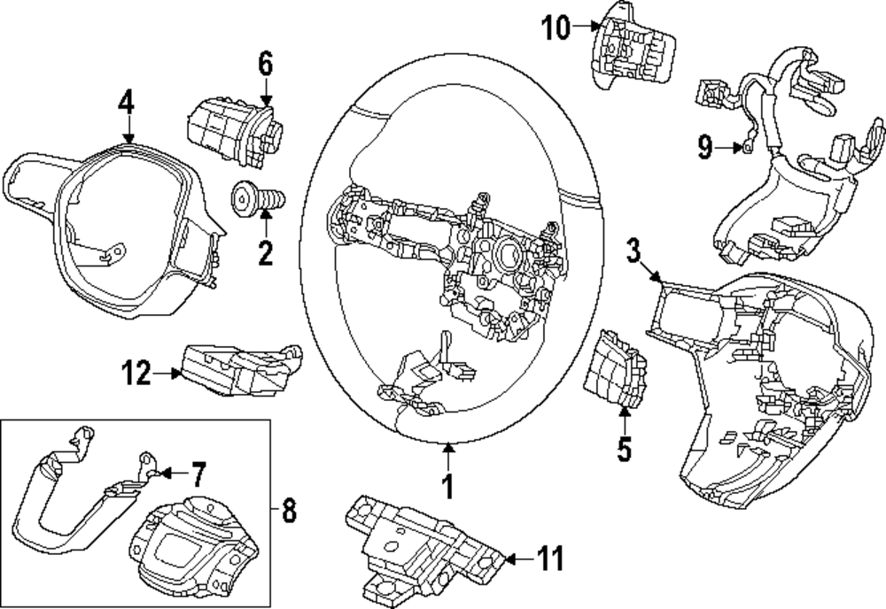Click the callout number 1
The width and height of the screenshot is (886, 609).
click(x=448, y=486)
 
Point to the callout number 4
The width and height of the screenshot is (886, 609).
click(x=127, y=104)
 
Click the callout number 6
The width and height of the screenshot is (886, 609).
click(x=265, y=64)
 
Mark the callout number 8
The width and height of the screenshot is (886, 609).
click(x=289, y=511)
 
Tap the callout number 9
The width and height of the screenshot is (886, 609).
click(x=705, y=148)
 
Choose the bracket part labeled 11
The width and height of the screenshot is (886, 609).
click(x=424, y=539)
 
